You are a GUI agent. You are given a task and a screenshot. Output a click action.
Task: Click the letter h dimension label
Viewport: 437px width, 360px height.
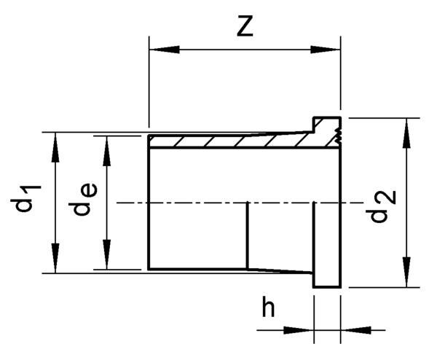pyautogui.click(x=269, y=309)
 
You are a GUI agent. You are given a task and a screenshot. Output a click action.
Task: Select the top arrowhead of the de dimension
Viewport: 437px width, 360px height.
pyautogui.click(x=106, y=145)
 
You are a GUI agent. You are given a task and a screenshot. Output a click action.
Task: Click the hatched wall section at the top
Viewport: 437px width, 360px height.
pyautogui.click(x=226, y=140)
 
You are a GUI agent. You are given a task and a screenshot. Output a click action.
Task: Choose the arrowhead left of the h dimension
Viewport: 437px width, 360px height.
pyautogui.click(x=305, y=329)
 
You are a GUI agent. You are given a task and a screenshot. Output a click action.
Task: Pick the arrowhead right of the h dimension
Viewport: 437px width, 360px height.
pyautogui.click(x=350, y=329)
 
